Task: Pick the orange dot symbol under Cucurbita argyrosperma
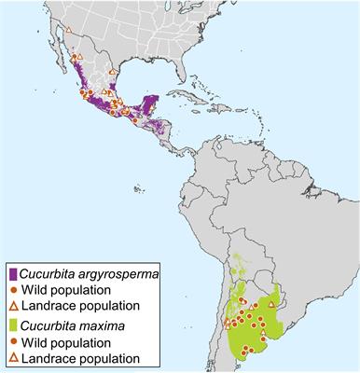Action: tap(11, 290)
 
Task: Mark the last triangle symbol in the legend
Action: tap(11, 358)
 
